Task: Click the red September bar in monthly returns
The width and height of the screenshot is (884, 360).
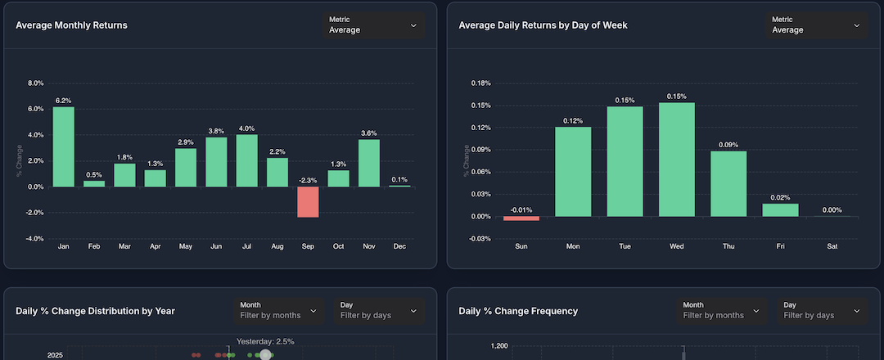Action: click(308, 202)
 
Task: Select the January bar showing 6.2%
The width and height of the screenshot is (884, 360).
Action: click(63, 147)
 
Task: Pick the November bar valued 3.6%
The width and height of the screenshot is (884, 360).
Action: click(369, 163)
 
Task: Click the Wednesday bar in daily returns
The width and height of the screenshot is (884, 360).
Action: click(676, 160)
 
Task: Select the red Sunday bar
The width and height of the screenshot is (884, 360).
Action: click(521, 218)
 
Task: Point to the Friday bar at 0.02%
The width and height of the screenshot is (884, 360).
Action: click(780, 210)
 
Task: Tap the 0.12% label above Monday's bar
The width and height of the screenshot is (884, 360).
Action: click(573, 121)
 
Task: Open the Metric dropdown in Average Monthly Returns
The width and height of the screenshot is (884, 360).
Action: click(372, 25)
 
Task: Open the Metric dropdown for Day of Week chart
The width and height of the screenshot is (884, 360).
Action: click(816, 25)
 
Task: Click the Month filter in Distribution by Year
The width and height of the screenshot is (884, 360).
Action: click(277, 310)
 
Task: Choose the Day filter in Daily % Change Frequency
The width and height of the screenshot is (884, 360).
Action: click(822, 310)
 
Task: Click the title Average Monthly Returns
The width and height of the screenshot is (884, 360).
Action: click(71, 25)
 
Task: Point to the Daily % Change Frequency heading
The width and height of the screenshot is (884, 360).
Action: click(518, 311)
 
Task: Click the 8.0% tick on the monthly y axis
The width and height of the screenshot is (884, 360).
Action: click(35, 83)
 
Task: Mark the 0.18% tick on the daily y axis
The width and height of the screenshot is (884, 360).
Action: click(480, 83)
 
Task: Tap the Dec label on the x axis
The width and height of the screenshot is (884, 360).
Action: click(399, 246)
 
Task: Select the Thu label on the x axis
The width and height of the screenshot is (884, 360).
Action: click(728, 246)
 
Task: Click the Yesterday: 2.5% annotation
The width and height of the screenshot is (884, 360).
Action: click(265, 341)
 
